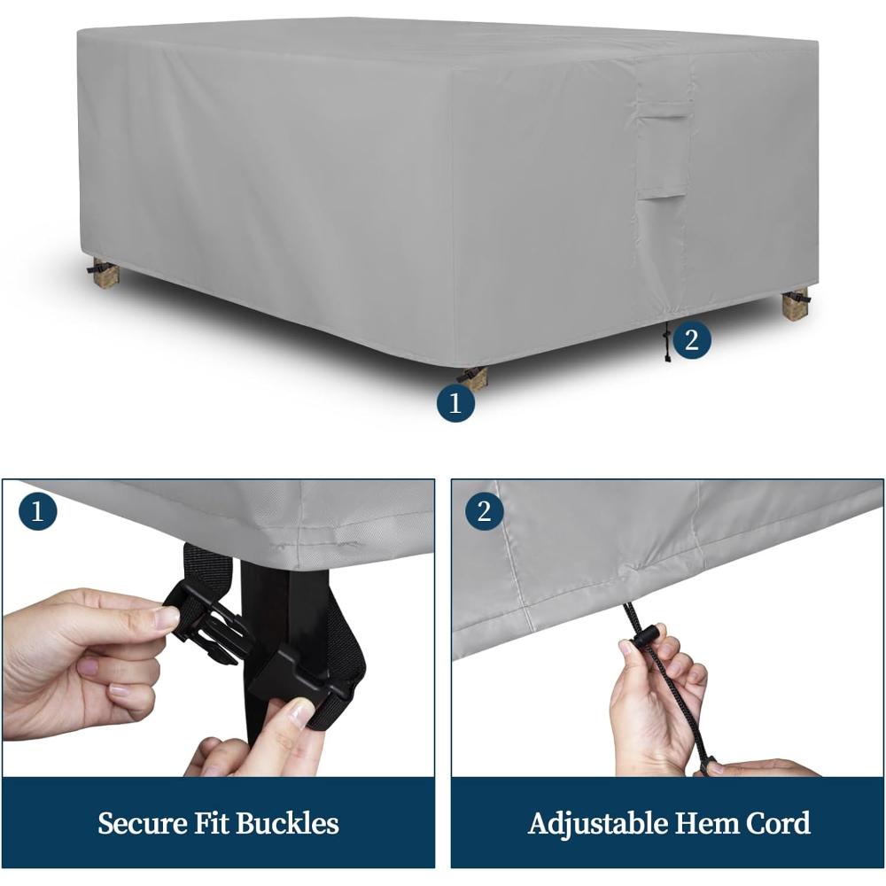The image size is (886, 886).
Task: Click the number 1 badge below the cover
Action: click(x=455, y=403)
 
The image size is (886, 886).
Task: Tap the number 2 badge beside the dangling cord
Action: click(x=691, y=339)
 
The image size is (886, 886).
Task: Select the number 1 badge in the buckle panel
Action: click(x=37, y=511)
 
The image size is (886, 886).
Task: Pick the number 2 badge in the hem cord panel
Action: click(x=485, y=511)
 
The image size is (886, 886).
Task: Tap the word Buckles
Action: click(x=288, y=823)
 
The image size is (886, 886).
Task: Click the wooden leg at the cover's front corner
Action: click(x=473, y=376)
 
